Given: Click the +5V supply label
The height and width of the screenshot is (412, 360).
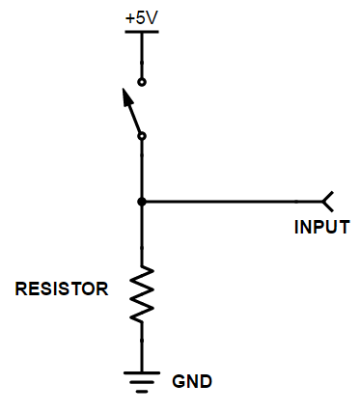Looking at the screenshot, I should [142, 18].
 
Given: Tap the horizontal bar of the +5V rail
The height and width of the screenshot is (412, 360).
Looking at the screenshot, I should [142, 31].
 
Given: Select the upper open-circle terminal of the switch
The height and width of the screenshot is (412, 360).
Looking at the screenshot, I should [142, 82].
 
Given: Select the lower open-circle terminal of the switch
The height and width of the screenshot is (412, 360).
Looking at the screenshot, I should [142, 137].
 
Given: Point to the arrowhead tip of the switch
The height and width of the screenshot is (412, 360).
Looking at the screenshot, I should [124, 91].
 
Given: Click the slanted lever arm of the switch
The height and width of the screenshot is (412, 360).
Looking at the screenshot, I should [133, 114].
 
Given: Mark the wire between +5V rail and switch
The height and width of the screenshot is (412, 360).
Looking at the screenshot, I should [142, 55].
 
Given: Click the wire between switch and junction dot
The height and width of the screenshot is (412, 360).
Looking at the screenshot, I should [142, 170].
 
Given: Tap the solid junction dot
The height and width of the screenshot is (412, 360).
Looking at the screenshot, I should [142, 202].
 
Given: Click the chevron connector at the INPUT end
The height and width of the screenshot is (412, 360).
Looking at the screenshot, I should [328, 202].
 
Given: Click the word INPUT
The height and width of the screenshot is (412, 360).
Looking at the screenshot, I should [321, 229].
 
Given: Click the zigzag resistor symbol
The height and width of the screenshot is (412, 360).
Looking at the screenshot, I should [142, 293].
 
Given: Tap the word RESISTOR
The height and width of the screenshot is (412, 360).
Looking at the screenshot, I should [62, 288].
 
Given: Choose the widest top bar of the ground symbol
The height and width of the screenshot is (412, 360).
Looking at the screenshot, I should [142, 371].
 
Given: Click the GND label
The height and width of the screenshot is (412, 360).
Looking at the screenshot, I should [191, 380].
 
